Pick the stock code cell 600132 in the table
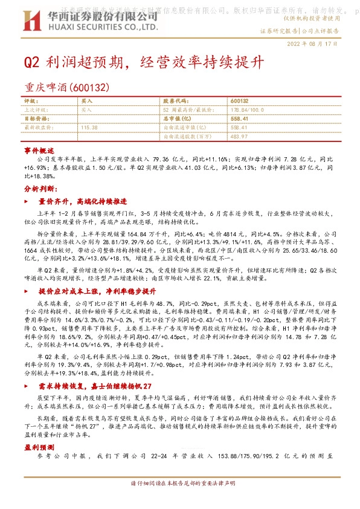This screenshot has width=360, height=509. point(240,100)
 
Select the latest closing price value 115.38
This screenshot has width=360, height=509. point(89,128)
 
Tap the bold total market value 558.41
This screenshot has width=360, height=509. point(240,119)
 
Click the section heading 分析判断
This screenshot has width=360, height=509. point(39,189)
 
